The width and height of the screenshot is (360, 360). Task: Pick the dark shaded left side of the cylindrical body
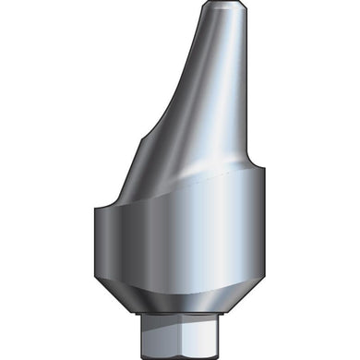(x=106, y=245)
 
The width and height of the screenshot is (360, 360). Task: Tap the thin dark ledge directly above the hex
(x=179, y=317)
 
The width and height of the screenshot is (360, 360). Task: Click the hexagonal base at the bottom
(x=179, y=337)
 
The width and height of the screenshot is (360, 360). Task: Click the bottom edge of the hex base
(x=179, y=354)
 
